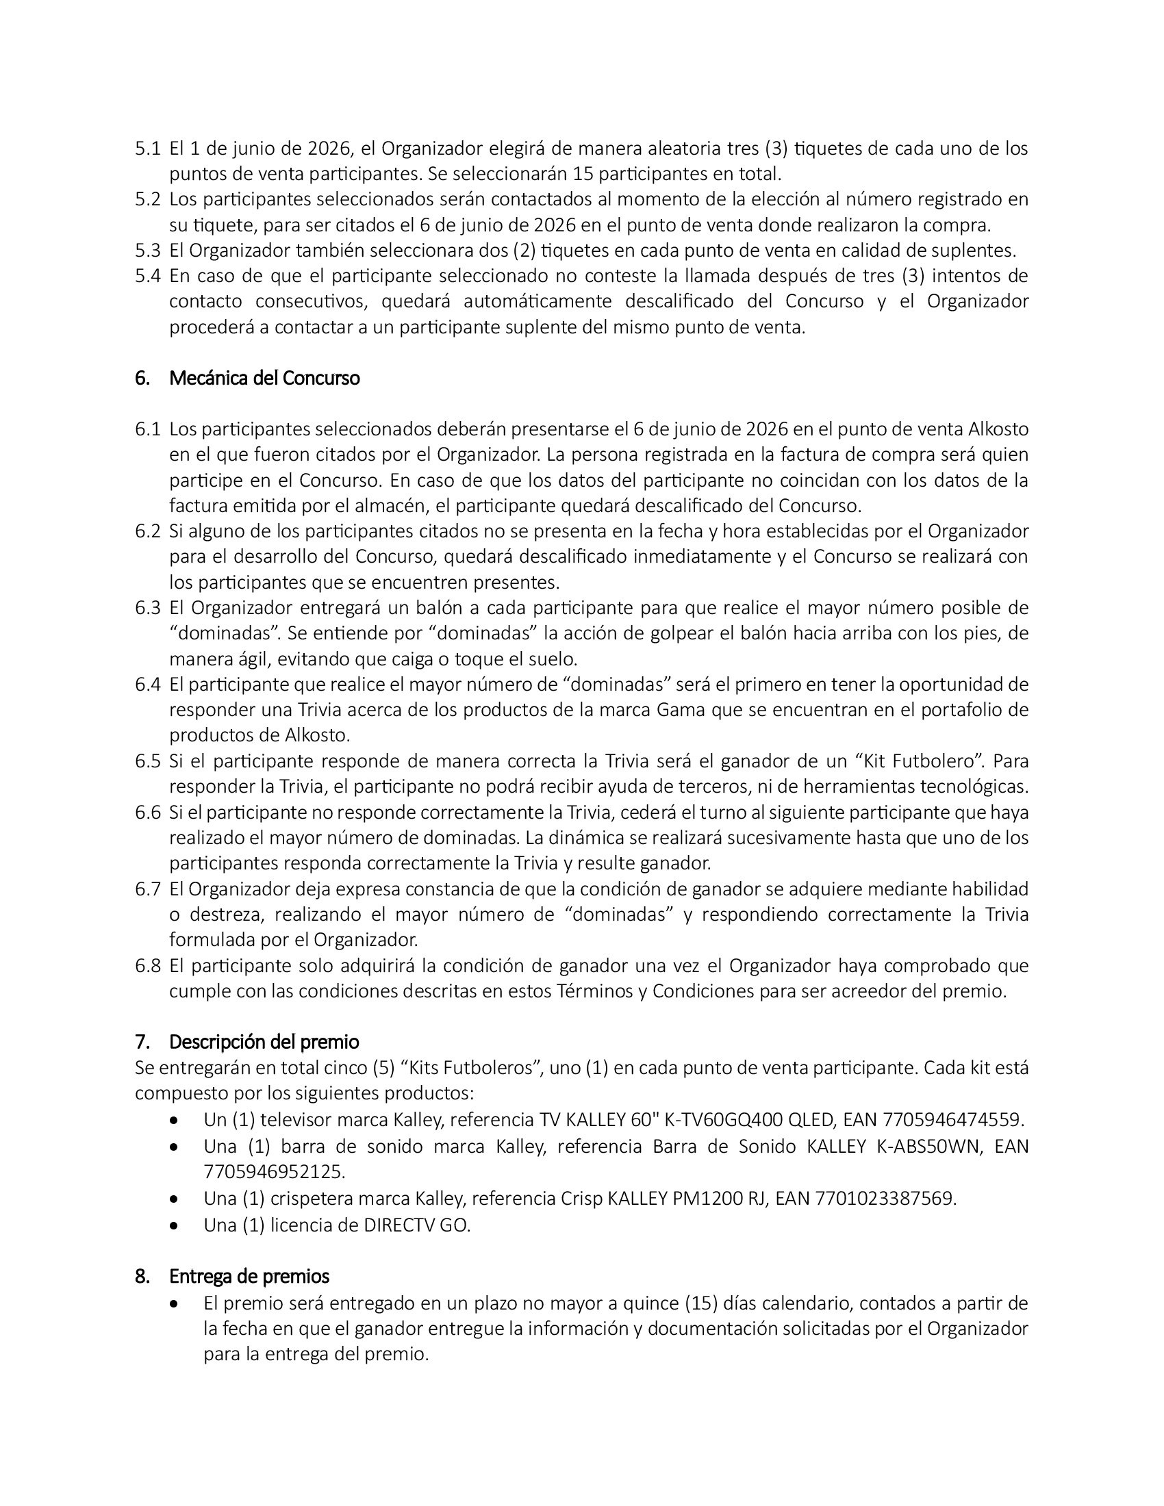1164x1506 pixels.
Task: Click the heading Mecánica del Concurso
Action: (264, 378)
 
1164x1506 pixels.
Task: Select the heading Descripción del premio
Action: (264, 1041)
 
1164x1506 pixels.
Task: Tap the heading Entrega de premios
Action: (249, 1277)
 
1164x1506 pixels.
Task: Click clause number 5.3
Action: (148, 251)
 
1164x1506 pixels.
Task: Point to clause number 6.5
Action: (148, 761)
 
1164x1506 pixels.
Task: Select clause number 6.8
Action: (148, 966)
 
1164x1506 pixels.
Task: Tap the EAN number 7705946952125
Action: (274, 1171)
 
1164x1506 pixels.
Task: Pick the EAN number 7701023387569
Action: (885, 1199)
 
